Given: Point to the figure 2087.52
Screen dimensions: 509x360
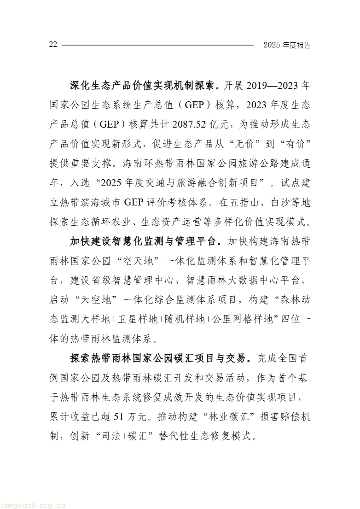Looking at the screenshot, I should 192,124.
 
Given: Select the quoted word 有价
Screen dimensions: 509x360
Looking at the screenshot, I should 295,144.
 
